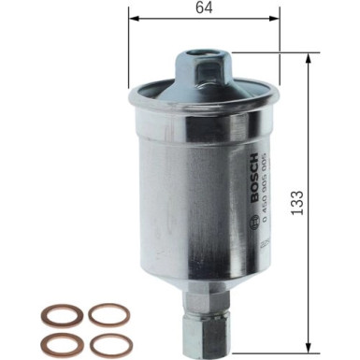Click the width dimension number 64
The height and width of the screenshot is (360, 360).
203,9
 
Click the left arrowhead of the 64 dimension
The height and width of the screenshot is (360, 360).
133,20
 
